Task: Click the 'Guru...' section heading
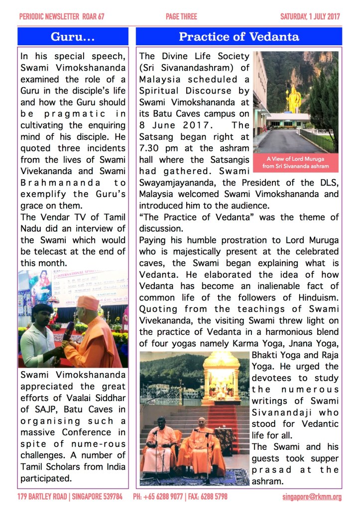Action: click(x=73, y=36)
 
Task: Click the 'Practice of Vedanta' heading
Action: click(x=239, y=36)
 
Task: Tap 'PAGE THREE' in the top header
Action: click(x=181, y=16)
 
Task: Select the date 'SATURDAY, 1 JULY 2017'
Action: click(x=310, y=16)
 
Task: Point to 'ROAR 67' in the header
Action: click(x=93, y=16)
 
